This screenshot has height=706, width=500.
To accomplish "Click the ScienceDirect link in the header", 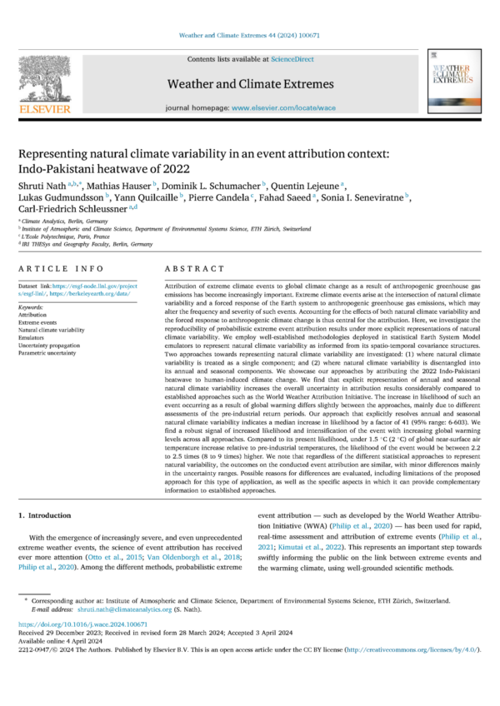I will tap(288, 60).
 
